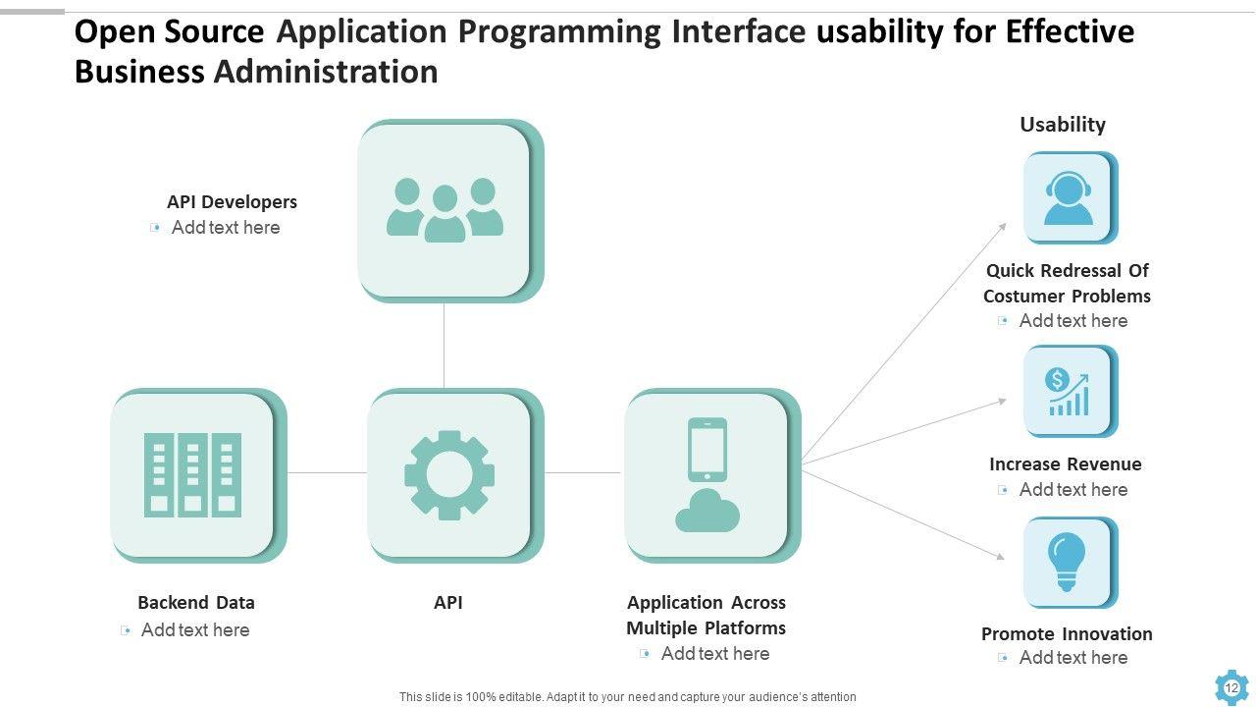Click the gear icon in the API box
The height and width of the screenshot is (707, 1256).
point(448,474)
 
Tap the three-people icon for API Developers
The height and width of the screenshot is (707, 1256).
point(445,209)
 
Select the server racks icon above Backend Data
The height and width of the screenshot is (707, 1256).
point(192,474)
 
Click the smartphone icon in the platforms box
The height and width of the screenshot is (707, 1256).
point(707,449)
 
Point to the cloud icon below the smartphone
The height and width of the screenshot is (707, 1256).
point(707,511)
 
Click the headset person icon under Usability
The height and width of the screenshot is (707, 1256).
point(1068,197)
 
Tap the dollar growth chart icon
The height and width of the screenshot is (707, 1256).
point(1068,392)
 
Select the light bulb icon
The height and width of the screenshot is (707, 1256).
point(1068,562)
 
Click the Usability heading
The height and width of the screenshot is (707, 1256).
point(1063,125)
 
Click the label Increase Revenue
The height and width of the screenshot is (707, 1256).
point(1066,464)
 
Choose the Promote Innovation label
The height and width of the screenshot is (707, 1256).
point(1067,634)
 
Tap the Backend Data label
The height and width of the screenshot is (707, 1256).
point(196,603)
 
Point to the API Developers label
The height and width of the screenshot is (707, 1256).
point(232,202)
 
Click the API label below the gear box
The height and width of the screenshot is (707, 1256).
point(448,603)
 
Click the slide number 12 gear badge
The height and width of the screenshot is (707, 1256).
point(1231,687)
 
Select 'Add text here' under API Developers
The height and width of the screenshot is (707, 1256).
point(226,228)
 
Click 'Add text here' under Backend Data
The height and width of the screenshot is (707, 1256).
point(195,630)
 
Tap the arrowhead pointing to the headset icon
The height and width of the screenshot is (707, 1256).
point(1002,227)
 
